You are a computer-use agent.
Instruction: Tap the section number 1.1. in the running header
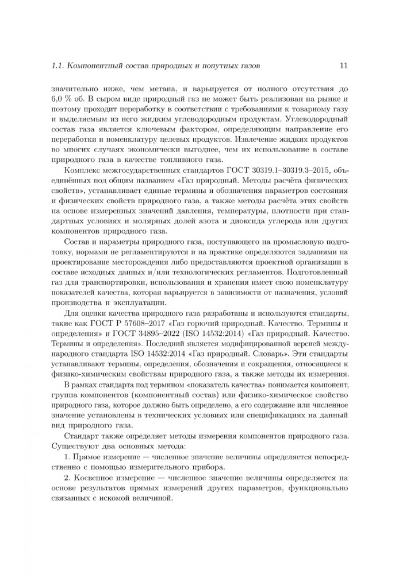click(58, 66)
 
